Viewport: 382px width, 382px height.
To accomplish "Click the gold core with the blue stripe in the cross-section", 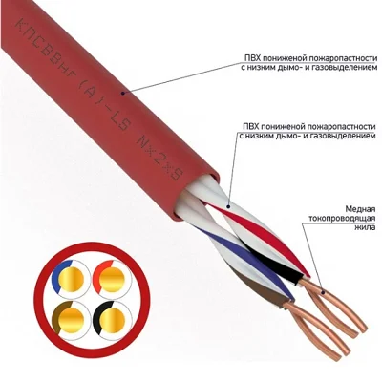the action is tap(71, 279).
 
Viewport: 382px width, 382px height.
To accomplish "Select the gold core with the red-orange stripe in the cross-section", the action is tap(112, 279).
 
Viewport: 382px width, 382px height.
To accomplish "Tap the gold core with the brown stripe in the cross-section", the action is tap(71, 320).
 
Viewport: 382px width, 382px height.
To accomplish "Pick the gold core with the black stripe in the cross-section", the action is tap(112, 320).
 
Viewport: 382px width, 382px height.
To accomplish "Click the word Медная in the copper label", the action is tap(359, 209).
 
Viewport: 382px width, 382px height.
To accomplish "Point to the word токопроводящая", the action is tap(342, 218).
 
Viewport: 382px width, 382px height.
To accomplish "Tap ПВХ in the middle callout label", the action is tap(250, 127).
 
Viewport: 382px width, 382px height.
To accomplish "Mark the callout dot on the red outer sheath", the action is tap(122, 93).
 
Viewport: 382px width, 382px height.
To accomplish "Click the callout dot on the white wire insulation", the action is tap(228, 207).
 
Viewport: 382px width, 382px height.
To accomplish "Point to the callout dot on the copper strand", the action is tap(323, 292).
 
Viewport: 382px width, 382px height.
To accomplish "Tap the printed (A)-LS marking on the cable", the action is tap(102, 102).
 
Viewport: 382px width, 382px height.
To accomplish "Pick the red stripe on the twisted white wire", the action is tap(260, 237).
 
